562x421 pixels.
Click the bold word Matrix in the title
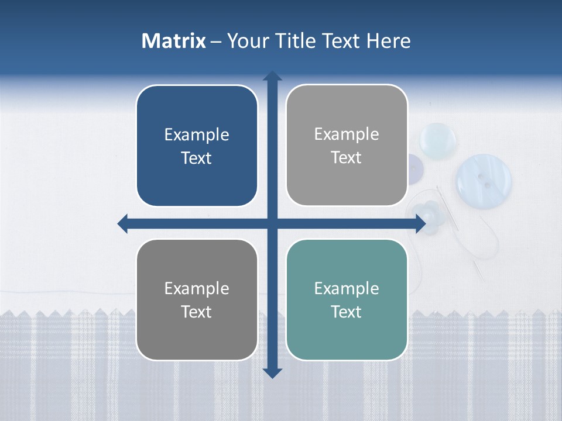click(174, 41)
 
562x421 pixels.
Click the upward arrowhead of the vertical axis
click(272, 75)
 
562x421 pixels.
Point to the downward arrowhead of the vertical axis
click(272, 373)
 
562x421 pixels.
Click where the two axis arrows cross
click(272, 223)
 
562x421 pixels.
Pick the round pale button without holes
click(438, 139)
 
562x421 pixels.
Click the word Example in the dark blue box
click(197, 135)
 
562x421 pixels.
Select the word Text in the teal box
click(347, 312)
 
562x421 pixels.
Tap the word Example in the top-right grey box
click(347, 134)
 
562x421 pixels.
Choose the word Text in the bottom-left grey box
click(197, 312)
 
